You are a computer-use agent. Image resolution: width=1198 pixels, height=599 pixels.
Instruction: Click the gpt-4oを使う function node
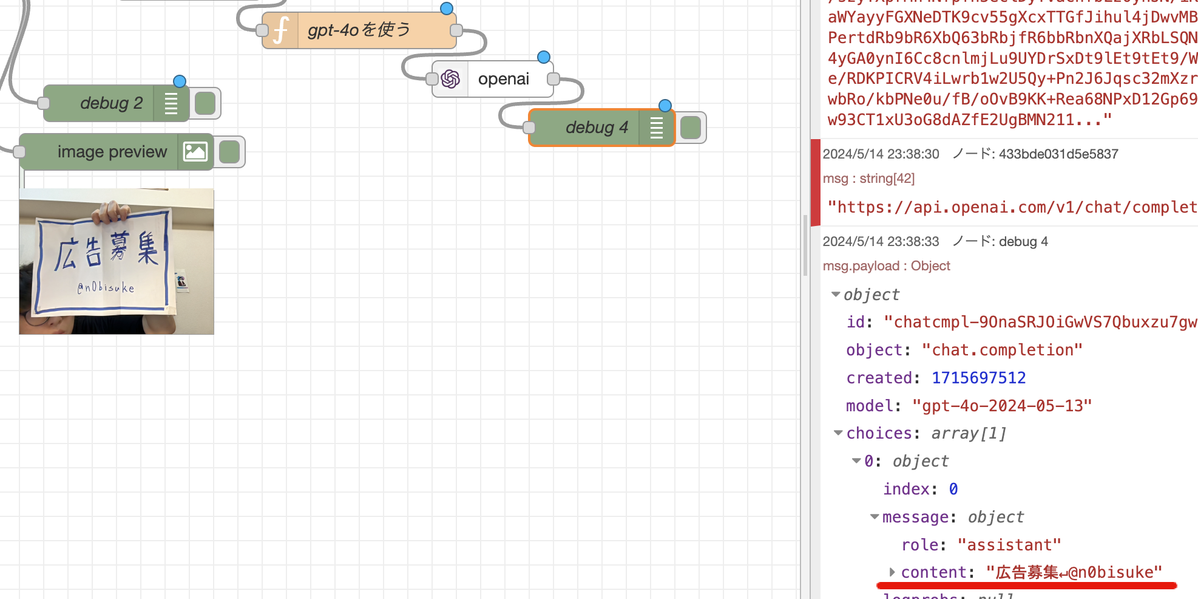click(359, 30)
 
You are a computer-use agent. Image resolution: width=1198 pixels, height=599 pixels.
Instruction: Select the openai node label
click(503, 79)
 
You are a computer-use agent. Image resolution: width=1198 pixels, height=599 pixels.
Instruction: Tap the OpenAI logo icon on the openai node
click(450, 79)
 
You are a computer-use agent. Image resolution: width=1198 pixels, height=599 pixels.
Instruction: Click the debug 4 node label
click(596, 128)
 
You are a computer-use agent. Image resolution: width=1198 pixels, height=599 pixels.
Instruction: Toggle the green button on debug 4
click(691, 128)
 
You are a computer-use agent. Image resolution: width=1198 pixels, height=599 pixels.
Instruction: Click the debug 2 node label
click(111, 103)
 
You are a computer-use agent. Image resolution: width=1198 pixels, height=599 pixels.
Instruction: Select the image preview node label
click(112, 152)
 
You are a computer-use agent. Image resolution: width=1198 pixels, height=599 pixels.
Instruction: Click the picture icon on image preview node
click(195, 152)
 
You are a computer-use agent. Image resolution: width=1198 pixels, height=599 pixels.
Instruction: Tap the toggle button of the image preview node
click(229, 152)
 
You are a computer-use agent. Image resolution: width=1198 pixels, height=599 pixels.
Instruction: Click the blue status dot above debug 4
click(665, 106)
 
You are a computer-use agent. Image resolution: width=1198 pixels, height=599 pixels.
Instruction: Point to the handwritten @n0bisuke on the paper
click(106, 287)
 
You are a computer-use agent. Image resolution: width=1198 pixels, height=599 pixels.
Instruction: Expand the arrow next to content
click(892, 572)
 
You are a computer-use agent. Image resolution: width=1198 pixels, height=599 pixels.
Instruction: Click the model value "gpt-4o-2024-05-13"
click(1001, 406)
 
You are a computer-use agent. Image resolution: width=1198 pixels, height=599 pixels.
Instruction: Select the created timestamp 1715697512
click(978, 378)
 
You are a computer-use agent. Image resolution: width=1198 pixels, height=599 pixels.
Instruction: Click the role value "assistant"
click(1009, 545)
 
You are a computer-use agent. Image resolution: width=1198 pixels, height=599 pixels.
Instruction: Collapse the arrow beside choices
click(838, 433)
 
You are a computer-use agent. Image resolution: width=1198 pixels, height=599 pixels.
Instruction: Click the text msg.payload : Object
click(886, 266)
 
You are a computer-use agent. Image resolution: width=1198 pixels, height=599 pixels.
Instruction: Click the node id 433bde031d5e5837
click(1058, 154)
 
